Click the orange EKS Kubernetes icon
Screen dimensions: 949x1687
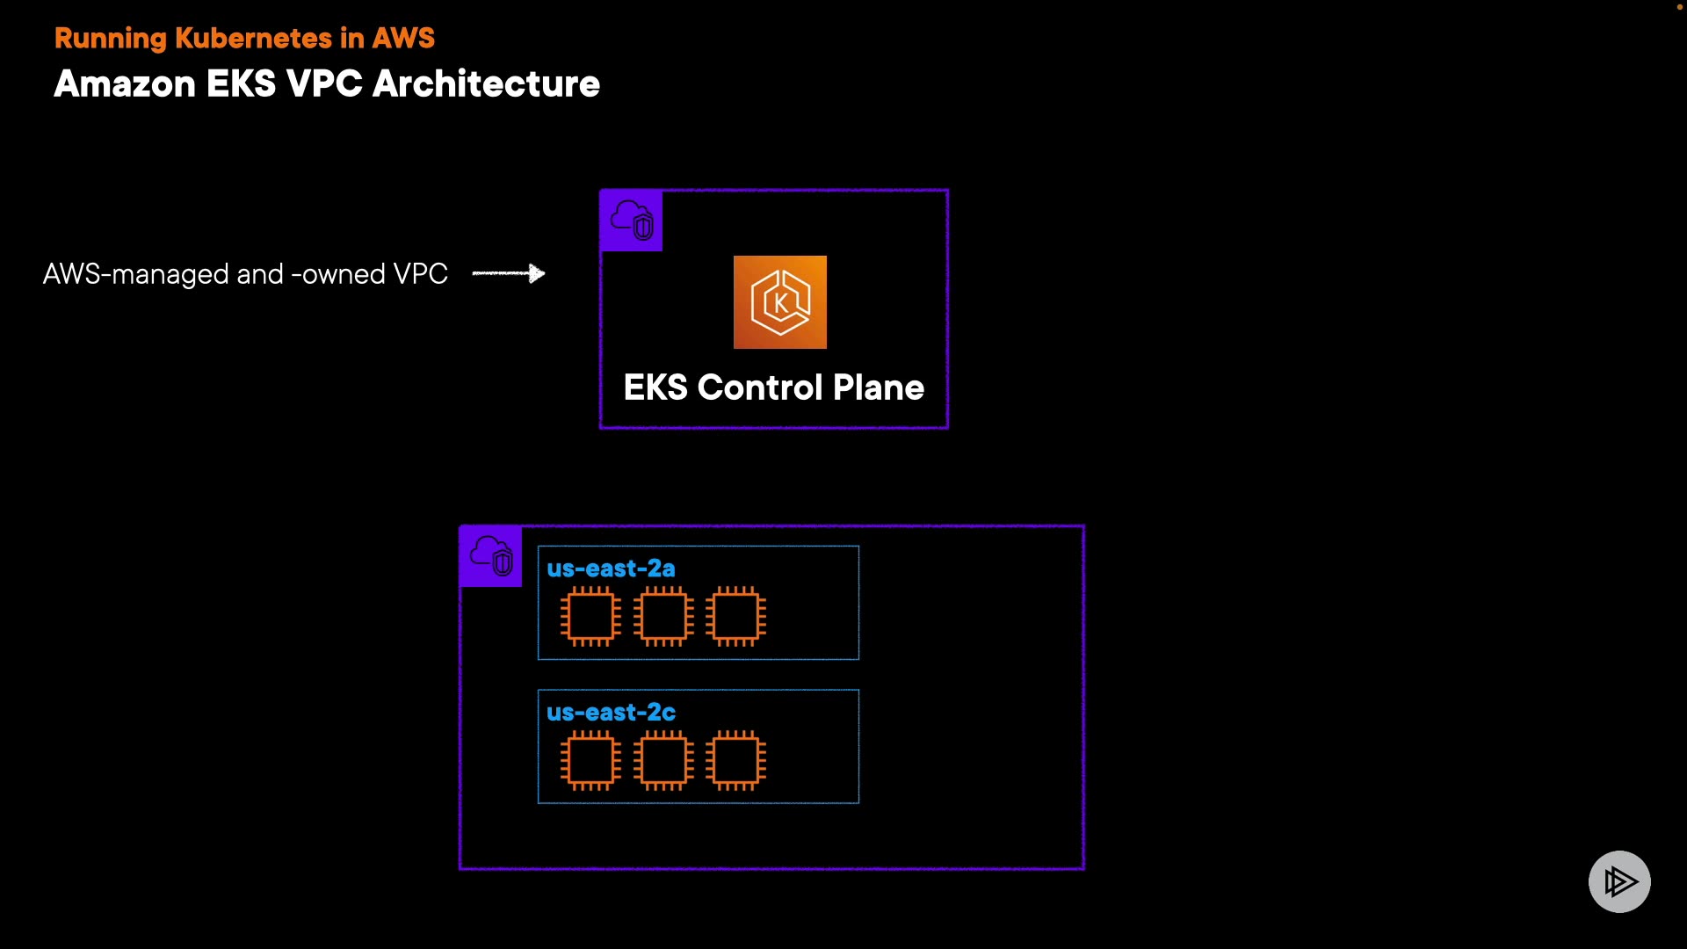(x=780, y=302)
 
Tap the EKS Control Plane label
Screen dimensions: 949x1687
(x=773, y=388)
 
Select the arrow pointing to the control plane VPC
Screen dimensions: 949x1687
(x=509, y=274)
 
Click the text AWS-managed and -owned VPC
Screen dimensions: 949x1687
(x=245, y=274)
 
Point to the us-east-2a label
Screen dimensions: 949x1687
(x=611, y=569)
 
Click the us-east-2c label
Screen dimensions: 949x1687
(x=611, y=713)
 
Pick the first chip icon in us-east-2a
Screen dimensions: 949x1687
(x=590, y=616)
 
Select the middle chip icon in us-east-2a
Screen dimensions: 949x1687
(x=663, y=616)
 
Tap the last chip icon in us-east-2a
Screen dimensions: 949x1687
(x=735, y=616)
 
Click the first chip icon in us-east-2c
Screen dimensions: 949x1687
(x=590, y=760)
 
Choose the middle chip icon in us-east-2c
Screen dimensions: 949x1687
(x=663, y=760)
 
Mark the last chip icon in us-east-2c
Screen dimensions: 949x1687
(x=735, y=760)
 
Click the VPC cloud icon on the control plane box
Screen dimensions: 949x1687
(x=632, y=221)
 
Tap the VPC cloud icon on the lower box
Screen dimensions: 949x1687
(x=491, y=556)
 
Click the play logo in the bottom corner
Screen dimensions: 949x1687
(x=1619, y=881)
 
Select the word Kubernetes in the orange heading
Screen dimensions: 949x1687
(x=253, y=39)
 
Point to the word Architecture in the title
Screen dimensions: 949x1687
(x=486, y=84)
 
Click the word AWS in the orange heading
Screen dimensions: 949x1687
(x=402, y=39)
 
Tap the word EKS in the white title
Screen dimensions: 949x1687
(x=241, y=84)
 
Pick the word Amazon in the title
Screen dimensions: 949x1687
(x=125, y=84)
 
